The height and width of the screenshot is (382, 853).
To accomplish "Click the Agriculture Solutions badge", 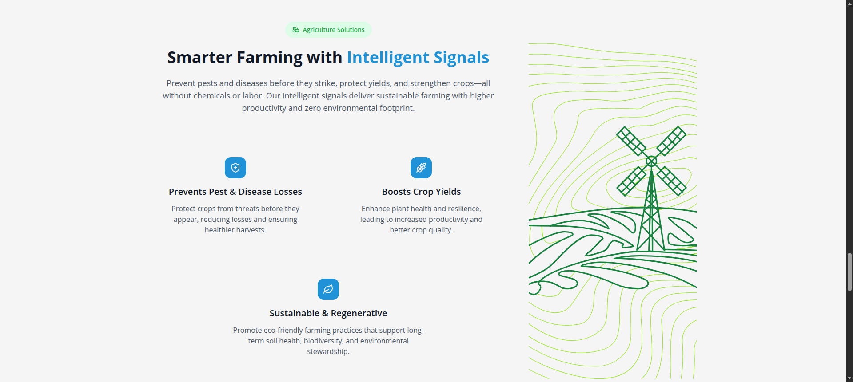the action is click(x=328, y=30).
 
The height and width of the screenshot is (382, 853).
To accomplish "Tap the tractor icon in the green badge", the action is click(x=296, y=30).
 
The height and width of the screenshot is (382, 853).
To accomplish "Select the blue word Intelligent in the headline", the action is click(x=388, y=58).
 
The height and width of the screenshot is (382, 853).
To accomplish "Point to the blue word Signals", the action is click(x=461, y=58).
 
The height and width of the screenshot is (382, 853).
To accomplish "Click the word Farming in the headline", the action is click(x=269, y=58).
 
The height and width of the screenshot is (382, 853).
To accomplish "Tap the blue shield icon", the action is click(x=235, y=168).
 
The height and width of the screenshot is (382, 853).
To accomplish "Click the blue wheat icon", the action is click(x=421, y=168).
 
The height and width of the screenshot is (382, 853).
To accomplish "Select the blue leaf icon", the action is click(x=328, y=289).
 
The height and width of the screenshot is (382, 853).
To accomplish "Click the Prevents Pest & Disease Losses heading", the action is click(x=235, y=192).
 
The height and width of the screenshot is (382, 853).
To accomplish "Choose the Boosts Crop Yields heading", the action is click(x=421, y=192).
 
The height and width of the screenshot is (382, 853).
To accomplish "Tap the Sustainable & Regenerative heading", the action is click(x=328, y=313).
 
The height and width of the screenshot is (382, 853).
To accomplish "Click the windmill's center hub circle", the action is click(x=651, y=161).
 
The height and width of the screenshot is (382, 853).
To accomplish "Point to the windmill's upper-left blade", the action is click(x=631, y=141).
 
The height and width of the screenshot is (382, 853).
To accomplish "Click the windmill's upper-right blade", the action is click(x=671, y=141).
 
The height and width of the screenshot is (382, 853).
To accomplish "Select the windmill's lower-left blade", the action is click(x=631, y=181).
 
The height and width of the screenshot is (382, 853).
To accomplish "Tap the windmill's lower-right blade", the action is click(x=671, y=181).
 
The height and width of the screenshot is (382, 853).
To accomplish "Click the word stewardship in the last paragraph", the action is click(x=327, y=351).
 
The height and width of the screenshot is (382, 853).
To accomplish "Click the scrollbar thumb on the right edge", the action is click(x=849, y=272).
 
